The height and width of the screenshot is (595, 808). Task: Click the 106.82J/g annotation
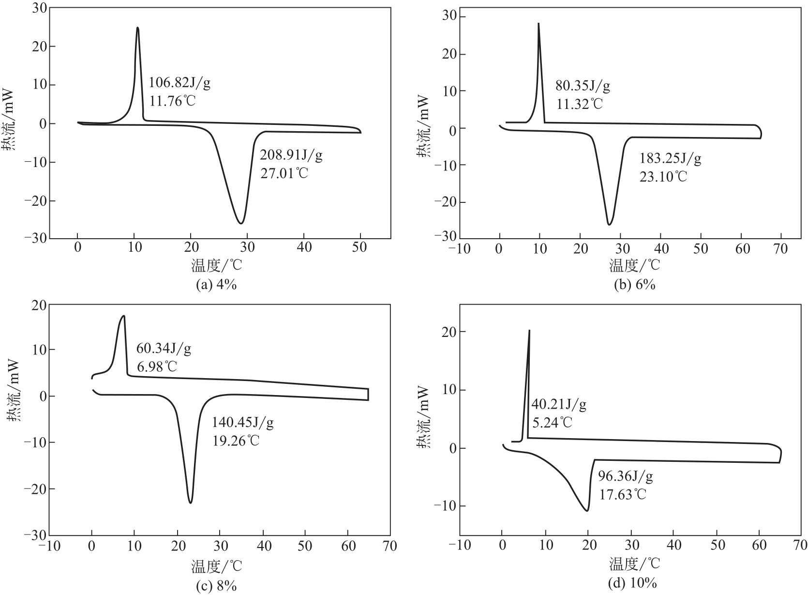(180, 83)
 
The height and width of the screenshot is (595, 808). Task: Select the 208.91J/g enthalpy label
(291, 155)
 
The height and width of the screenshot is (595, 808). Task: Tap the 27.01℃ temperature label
(284, 173)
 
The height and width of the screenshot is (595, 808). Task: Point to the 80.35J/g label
(583, 87)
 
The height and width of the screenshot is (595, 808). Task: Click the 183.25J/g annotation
(670, 158)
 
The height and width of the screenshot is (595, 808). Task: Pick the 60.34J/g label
(164, 349)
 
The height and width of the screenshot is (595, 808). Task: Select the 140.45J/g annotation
(243, 423)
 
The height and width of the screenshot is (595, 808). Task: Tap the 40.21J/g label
(559, 404)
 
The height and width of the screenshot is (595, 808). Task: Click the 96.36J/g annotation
(626, 477)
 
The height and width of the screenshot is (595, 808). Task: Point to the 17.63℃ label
(623, 494)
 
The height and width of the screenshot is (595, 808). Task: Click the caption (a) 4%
(216, 285)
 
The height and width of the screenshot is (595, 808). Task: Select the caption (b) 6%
(634, 285)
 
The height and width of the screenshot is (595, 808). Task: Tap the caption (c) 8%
(216, 586)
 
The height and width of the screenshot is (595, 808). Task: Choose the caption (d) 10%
(632, 583)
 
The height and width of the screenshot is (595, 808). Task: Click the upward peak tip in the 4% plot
(138, 28)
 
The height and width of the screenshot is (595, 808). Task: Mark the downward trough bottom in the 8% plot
(191, 503)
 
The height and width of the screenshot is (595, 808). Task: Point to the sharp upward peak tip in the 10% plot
(529, 331)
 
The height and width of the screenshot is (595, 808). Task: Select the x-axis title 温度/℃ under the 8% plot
(216, 565)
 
